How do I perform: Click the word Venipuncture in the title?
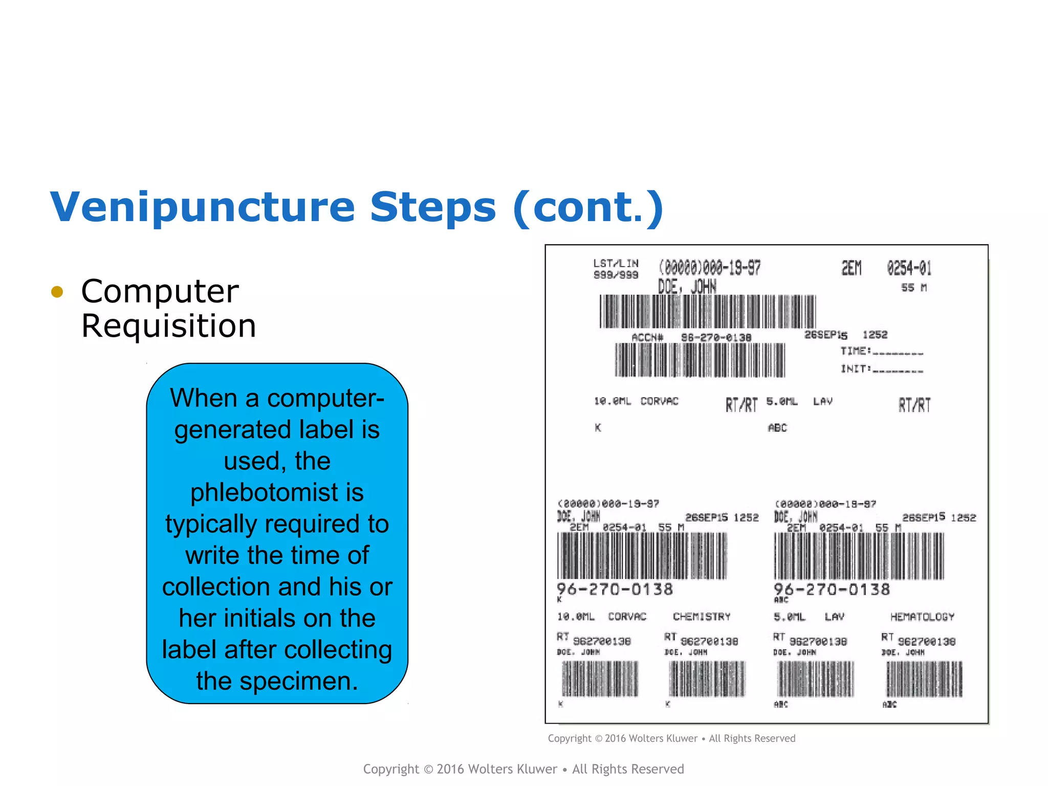pos(202,207)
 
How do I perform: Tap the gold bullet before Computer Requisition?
pos(57,292)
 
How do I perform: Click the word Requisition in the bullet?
pos(168,326)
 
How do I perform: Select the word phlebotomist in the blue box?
pos(277,492)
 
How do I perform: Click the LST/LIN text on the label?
pos(616,264)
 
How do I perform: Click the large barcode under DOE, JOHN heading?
pos(707,311)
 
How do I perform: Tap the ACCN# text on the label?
pos(647,337)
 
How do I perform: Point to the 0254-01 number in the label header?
pos(909,268)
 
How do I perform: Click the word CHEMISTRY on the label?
pos(702,617)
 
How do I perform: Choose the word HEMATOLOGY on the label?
pos(922,617)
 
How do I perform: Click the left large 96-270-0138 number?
pos(615,589)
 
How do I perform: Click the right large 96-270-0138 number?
pos(832,589)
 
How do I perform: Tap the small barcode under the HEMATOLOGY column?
pos(924,679)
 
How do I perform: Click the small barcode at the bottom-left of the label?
pos(600,679)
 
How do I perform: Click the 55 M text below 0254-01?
pos(913,288)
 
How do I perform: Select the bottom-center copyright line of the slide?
pos(523,769)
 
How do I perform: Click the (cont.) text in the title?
pos(588,207)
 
